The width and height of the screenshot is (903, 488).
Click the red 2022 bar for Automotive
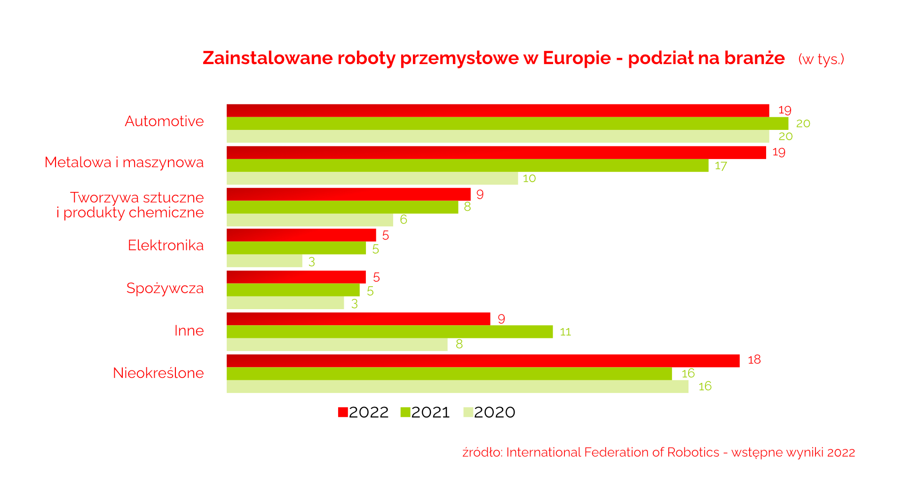click(498, 111)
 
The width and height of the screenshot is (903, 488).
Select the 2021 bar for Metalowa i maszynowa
click(467, 166)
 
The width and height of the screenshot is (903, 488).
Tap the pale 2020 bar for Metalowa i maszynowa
click(372, 178)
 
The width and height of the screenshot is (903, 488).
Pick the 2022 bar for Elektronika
click(301, 235)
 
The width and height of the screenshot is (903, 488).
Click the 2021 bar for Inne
click(389, 332)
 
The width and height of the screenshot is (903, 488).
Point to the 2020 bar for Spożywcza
click(285, 303)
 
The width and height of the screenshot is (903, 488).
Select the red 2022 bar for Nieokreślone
click(483, 361)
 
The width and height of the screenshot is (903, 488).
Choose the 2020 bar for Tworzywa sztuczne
click(309, 220)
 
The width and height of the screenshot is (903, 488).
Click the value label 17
click(721, 166)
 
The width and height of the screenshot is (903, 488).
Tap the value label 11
click(565, 332)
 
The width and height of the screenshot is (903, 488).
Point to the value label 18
click(754, 360)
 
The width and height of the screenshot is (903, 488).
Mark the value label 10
click(529, 178)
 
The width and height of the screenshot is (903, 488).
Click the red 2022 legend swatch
click(343, 412)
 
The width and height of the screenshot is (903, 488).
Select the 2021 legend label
click(430, 412)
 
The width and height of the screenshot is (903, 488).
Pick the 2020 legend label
click(494, 412)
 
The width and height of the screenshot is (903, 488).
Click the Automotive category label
click(164, 121)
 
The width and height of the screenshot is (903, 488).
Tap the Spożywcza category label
click(165, 288)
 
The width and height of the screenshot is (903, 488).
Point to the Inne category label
click(189, 330)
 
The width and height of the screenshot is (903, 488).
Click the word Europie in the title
click(577, 58)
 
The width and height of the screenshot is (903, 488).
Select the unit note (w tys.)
click(821, 59)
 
